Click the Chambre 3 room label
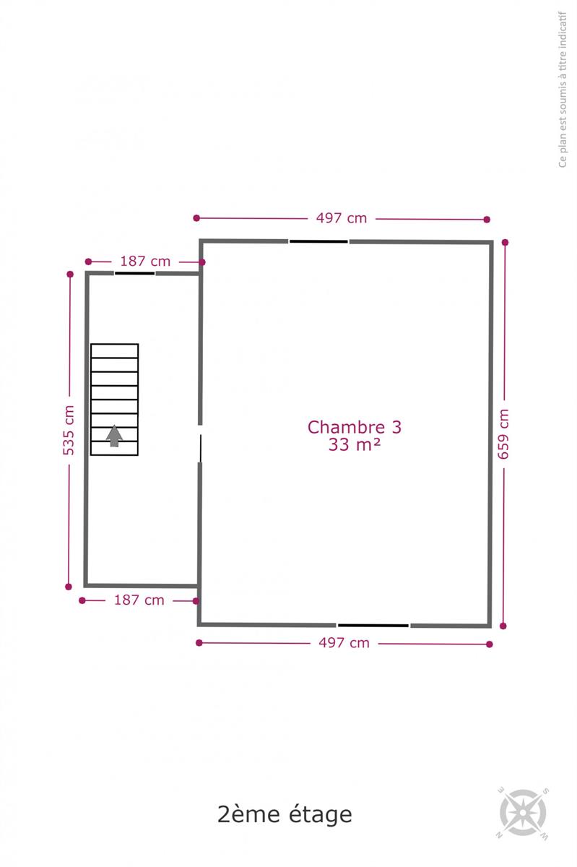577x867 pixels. pyautogui.click(x=354, y=427)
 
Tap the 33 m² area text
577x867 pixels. pyautogui.click(x=354, y=444)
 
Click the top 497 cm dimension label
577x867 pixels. pyautogui.click(x=342, y=218)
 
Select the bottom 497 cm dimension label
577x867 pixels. pyautogui.click(x=344, y=643)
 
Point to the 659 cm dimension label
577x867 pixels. pyautogui.click(x=503, y=434)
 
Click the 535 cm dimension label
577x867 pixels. pyautogui.click(x=69, y=430)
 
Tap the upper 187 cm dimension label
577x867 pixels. pyautogui.click(x=145, y=262)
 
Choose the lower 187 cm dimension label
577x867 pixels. pyautogui.click(x=139, y=600)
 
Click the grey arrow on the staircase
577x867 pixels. pyautogui.click(x=114, y=436)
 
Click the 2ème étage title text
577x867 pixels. pyautogui.click(x=285, y=815)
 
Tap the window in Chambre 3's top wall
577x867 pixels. pyautogui.click(x=319, y=241)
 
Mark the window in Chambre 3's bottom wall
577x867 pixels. pyautogui.click(x=373, y=626)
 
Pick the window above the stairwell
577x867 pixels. pyautogui.click(x=134, y=273)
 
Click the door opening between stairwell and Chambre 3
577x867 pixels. pyautogui.click(x=200, y=444)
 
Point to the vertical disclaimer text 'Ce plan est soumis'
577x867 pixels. pyautogui.click(x=563, y=90)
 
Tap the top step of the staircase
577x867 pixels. pyautogui.click(x=115, y=351)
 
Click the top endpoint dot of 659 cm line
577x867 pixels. pyautogui.click(x=505, y=242)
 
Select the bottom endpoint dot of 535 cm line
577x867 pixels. pyautogui.click(x=69, y=587)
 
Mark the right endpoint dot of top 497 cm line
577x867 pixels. pyautogui.click(x=487, y=220)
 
